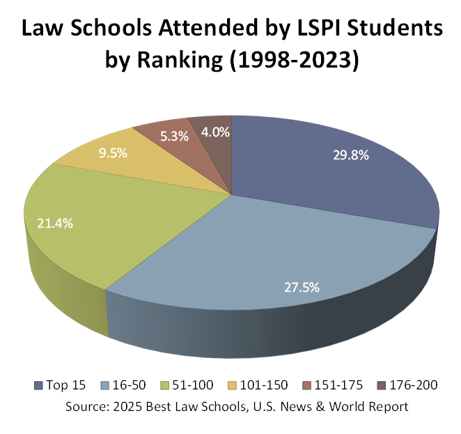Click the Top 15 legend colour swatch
pyautogui.click(x=38, y=385)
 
